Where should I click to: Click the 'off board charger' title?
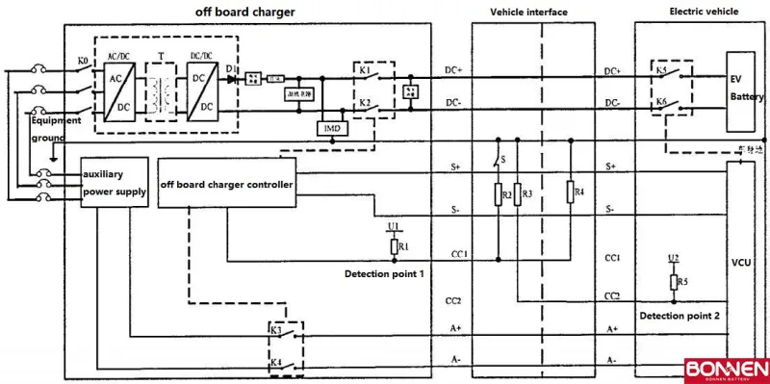[x=244, y=12]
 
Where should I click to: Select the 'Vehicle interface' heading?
[x=528, y=12]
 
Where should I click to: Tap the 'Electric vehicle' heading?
[x=703, y=12]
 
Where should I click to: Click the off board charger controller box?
[x=226, y=184]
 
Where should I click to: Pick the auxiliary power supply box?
[x=114, y=184]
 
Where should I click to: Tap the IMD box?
[x=329, y=127]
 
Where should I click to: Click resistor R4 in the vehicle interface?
[x=571, y=193]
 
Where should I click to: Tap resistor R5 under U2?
[x=675, y=282]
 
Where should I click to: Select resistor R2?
[x=498, y=194]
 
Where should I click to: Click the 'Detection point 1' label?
[x=384, y=274]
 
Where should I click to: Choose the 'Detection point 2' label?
[x=680, y=316]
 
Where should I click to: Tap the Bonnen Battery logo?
[x=727, y=371]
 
